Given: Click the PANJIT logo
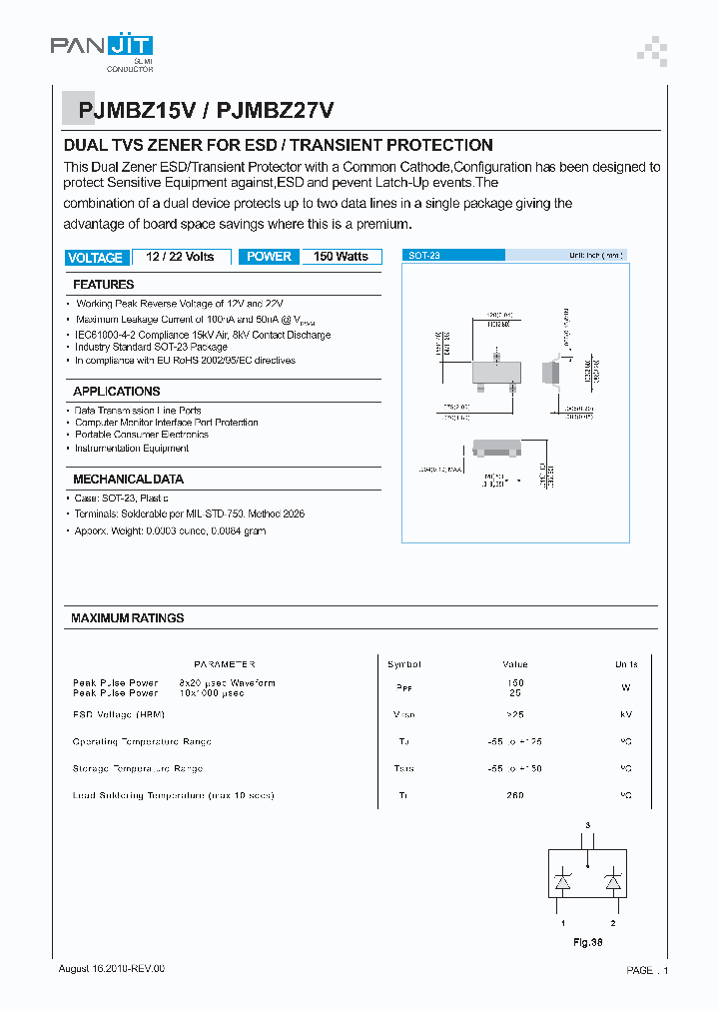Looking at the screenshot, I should (101, 48).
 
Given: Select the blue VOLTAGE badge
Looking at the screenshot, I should (95, 258).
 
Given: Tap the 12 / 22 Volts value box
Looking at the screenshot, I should (180, 257).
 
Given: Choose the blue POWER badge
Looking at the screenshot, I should (269, 257).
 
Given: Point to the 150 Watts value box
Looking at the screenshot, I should (341, 257).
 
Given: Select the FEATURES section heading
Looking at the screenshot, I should (104, 285).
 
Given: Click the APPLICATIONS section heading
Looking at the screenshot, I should (116, 392).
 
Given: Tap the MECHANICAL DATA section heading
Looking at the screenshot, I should (128, 480).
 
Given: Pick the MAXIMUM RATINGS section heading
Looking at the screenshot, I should (128, 618).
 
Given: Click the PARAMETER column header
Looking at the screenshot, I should (224, 664).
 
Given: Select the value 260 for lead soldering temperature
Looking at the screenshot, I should (514, 795).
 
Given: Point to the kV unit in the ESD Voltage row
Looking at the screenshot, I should (626, 715).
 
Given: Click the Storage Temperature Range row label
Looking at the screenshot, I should (138, 768).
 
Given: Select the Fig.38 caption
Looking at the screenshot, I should (587, 942).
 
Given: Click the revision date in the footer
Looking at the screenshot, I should (111, 969).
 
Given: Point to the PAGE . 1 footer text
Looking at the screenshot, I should (647, 970).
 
